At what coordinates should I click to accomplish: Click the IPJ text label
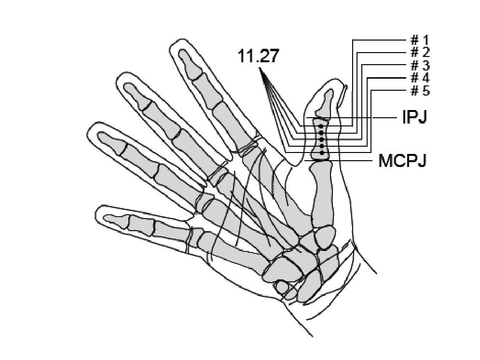click(414, 117)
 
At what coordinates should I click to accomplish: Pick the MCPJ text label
click(402, 160)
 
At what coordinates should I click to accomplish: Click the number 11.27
click(258, 56)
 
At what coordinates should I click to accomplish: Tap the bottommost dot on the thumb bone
click(321, 152)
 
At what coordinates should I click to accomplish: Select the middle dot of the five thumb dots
click(321, 139)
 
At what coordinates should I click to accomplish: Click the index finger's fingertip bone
click(189, 64)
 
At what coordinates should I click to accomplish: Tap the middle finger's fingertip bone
click(135, 96)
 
